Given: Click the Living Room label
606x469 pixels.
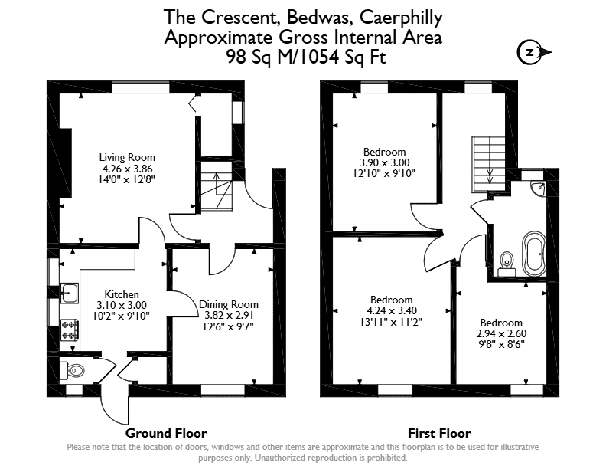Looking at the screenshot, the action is (127, 157).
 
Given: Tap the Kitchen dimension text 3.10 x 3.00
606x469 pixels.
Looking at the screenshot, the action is (122, 305).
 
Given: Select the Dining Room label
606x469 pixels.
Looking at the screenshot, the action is (229, 304).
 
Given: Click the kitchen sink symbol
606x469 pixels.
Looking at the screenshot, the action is (70, 293).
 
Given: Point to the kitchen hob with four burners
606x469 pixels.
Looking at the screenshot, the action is (70, 330).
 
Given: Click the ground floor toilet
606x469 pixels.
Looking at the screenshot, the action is (72, 371).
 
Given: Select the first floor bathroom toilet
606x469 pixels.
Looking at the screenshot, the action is (507, 264).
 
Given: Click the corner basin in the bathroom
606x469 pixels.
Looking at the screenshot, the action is (538, 188).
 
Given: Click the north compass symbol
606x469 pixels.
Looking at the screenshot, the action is (533, 52).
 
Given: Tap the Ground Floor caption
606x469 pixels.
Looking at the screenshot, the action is (166, 433).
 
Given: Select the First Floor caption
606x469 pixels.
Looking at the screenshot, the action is (439, 433).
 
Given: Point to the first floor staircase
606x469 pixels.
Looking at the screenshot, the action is (488, 165).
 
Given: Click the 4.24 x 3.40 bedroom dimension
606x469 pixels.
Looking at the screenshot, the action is (392, 310).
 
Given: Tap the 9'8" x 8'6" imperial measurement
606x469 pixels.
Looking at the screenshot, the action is (501, 344).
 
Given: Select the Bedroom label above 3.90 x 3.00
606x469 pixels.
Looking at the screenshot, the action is (385, 152).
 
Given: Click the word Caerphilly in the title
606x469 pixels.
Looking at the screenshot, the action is (401, 18).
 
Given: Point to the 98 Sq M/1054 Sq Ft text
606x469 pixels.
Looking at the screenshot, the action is (306, 57).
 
